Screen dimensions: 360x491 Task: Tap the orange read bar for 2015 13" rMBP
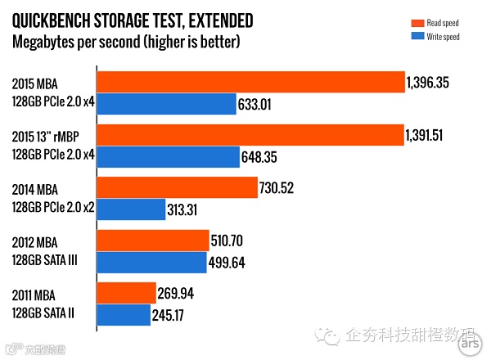pyautogui.click(x=250, y=136)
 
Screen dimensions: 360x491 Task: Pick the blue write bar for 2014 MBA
pyautogui.click(x=131, y=209)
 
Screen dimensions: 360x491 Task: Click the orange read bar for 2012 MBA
pyautogui.click(x=151, y=241)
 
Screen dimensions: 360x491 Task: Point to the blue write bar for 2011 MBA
pyautogui.click(x=124, y=315)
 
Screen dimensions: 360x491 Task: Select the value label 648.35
pyautogui.click(x=262, y=157)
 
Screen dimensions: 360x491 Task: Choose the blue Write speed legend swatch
pyautogui.click(x=416, y=38)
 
